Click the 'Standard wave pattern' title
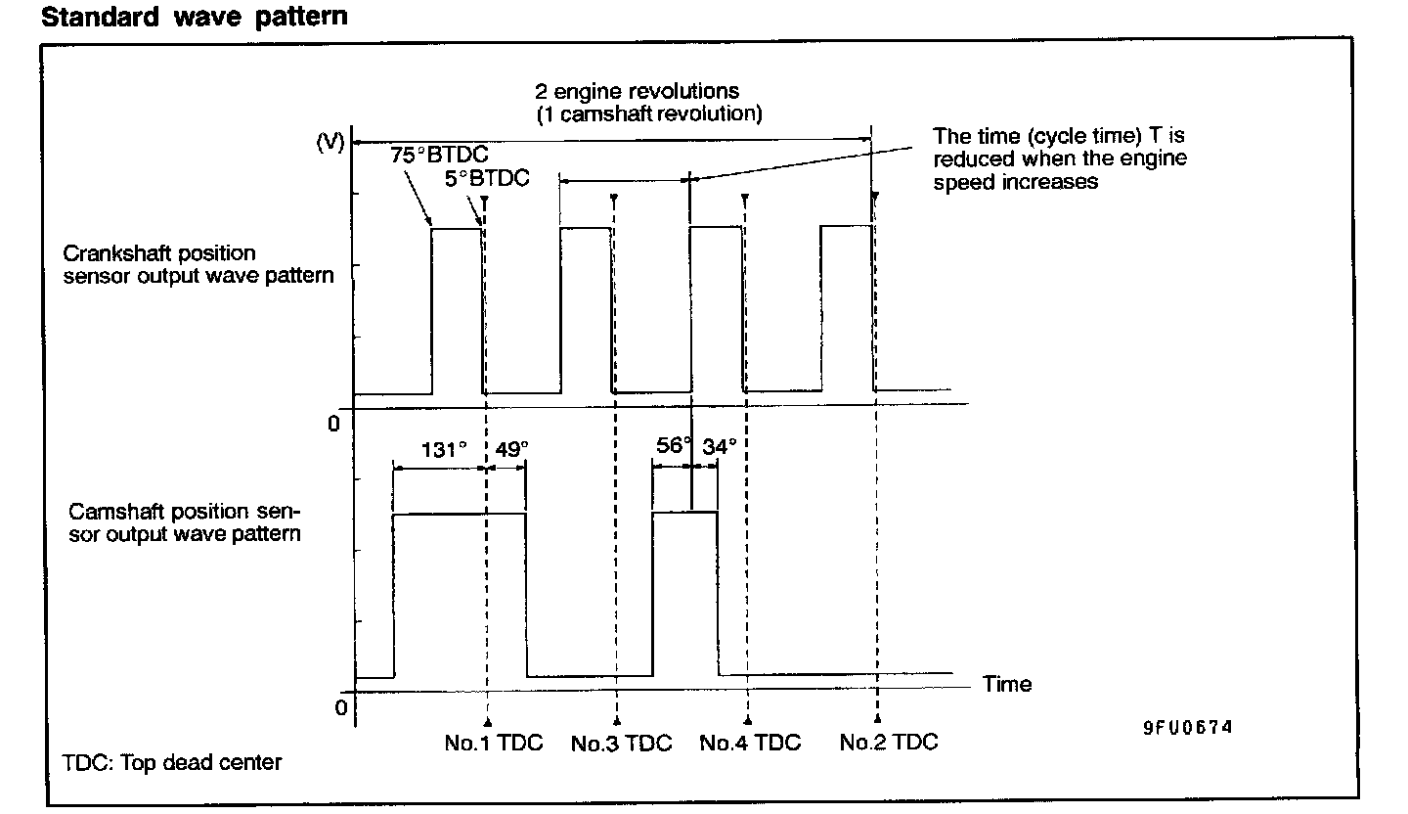click(x=194, y=17)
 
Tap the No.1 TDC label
click(x=493, y=743)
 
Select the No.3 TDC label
click(x=622, y=744)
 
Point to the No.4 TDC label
click(x=750, y=744)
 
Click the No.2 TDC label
click(x=888, y=743)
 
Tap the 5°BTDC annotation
click(x=486, y=180)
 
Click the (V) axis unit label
click(x=330, y=142)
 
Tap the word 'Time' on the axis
click(x=1007, y=684)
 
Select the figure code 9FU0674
click(x=1187, y=728)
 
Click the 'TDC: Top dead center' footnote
click(x=172, y=762)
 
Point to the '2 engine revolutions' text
click(x=637, y=92)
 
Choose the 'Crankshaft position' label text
click(x=159, y=254)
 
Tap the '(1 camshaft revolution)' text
click(x=648, y=113)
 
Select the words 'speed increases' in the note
click(x=1015, y=182)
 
